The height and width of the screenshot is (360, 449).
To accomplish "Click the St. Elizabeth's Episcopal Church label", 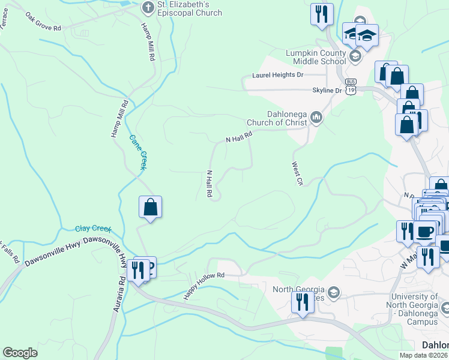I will (x=189, y=8).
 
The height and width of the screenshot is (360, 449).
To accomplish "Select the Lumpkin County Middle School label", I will (x=316, y=57).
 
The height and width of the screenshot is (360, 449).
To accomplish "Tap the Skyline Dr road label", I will (x=327, y=90).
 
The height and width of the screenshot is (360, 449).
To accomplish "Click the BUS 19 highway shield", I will (x=351, y=88).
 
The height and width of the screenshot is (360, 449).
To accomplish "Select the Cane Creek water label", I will (x=138, y=152).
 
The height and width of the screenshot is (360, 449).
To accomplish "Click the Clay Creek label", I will (x=94, y=229).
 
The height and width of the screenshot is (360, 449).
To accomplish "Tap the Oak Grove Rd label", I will (x=43, y=24).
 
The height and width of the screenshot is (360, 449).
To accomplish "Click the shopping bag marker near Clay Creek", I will (x=150, y=208).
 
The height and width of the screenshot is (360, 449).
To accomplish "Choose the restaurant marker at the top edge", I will (x=322, y=14).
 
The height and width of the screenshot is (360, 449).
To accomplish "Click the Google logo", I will (x=20, y=353).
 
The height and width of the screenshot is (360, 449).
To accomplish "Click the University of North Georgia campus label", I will (x=415, y=309).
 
